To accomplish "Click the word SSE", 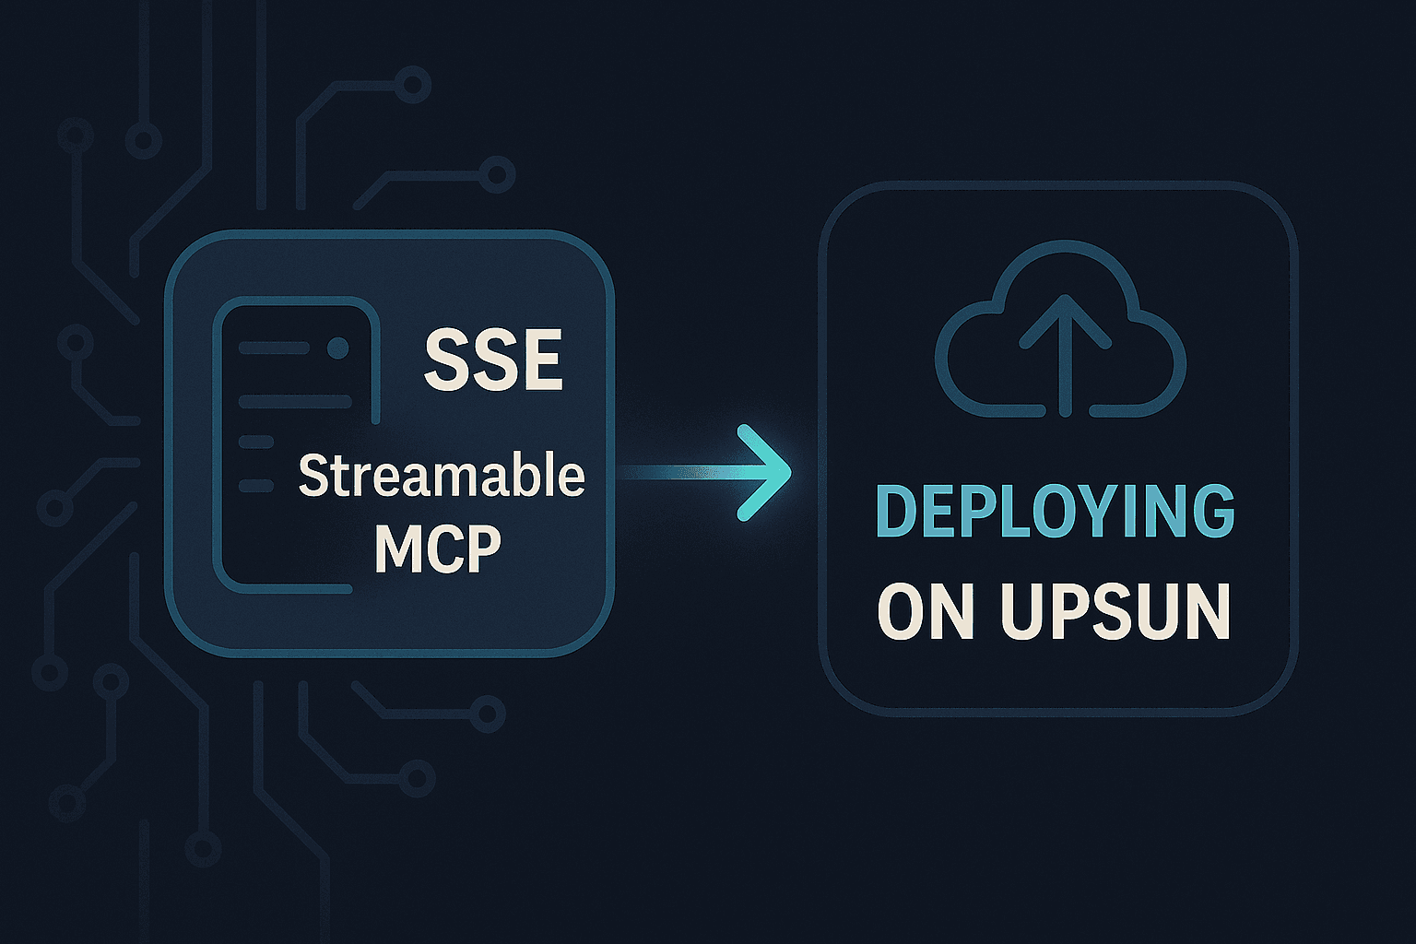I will click(x=493, y=360).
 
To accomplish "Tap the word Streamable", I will click(x=442, y=478).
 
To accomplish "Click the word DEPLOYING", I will click(x=1055, y=513).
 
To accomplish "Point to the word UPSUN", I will click(x=1115, y=610).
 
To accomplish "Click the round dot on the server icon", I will click(x=338, y=348).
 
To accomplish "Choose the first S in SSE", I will click(x=444, y=360).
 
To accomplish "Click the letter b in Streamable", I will click(x=525, y=476).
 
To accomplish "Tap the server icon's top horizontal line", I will click(x=273, y=348).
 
